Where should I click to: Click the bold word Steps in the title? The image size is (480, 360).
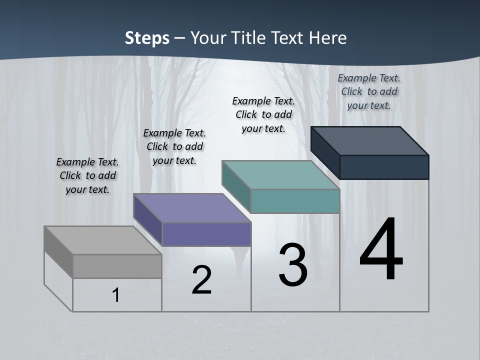147,38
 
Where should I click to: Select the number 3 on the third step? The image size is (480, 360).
292,265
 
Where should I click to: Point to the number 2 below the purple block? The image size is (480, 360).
202,280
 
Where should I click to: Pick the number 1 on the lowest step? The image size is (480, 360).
116,295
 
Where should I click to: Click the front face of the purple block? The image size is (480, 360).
206,234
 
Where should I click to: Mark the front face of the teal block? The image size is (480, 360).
295,201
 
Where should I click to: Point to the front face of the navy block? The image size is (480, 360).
384,167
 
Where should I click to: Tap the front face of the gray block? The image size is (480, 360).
117,266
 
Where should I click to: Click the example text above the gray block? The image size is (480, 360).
87,175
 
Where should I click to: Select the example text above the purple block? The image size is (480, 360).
174,146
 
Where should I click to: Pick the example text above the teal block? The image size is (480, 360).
263,114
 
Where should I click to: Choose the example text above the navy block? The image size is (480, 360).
369,91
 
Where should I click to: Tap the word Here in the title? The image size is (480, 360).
329,38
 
